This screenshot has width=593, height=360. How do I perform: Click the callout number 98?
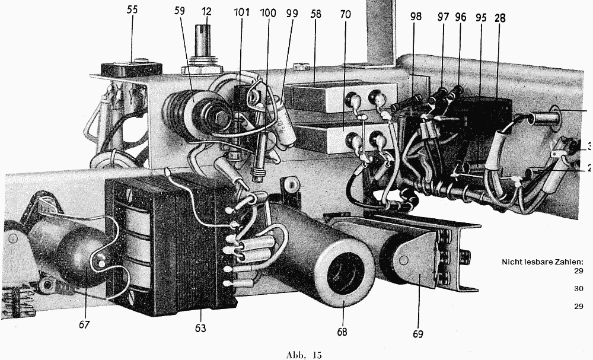pos(415,17)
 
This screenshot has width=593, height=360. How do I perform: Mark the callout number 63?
pos(200,327)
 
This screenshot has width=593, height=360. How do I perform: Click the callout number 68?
pos(342,332)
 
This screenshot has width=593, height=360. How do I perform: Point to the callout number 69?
pos(417,334)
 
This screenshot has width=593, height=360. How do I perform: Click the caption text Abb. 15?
pos(303,355)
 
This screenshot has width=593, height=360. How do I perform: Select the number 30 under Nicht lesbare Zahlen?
pos(578,289)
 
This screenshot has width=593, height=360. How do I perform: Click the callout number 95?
pos(481,17)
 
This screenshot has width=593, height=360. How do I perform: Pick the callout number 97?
pos(443,17)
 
